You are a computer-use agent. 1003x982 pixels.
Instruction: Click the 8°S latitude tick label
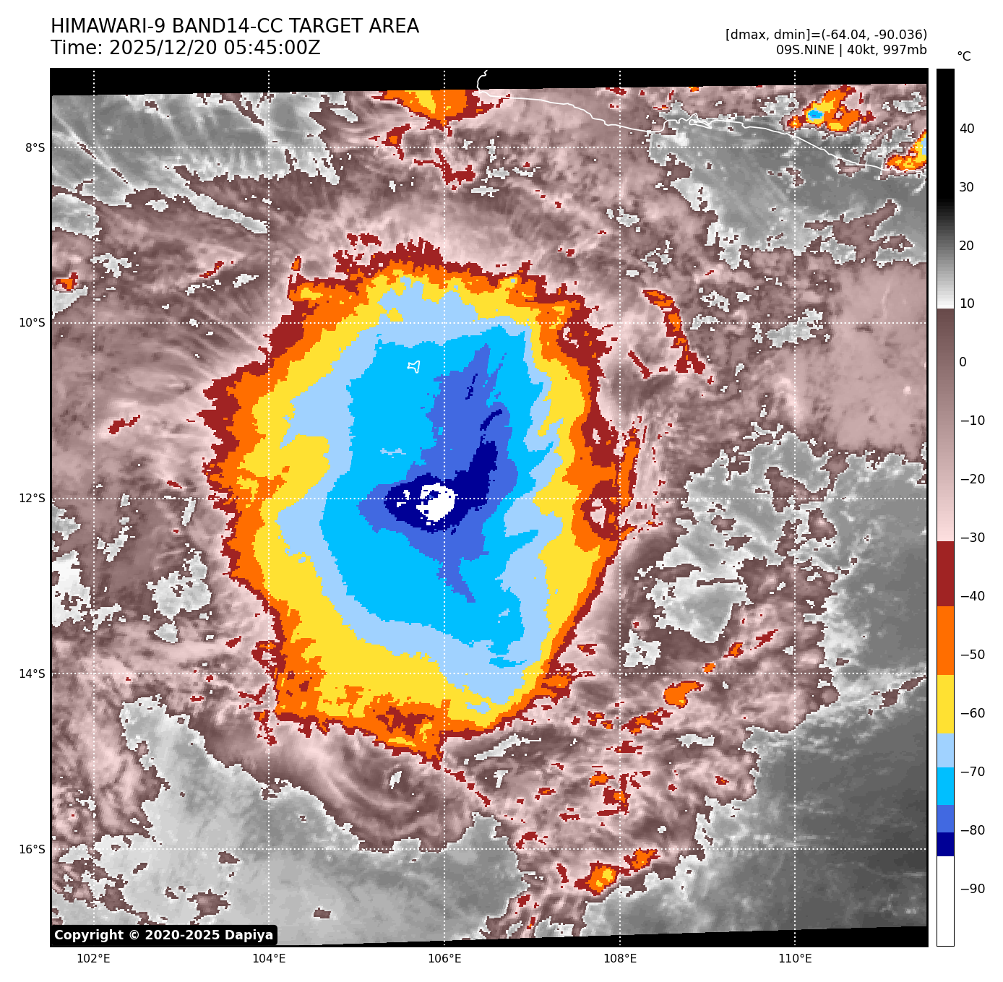point(35,148)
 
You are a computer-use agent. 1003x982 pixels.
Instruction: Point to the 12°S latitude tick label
point(32,499)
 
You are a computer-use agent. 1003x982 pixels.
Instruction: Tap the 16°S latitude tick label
point(32,850)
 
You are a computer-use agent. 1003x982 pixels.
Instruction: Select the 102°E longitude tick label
point(93,959)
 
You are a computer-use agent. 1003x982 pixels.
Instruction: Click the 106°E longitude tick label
point(444,959)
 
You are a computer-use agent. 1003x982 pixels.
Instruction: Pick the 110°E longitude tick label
point(795,959)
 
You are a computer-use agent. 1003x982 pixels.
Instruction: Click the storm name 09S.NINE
point(804,50)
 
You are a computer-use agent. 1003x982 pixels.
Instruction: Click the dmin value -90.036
point(896,35)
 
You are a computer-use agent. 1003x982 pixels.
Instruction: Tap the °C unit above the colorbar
point(964,56)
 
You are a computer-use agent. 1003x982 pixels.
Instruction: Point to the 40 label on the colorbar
point(967,129)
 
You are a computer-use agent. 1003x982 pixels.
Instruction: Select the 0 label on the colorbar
point(963,362)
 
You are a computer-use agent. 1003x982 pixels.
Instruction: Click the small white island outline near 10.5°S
point(414,367)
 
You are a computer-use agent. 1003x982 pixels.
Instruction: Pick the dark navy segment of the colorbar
point(945,844)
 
